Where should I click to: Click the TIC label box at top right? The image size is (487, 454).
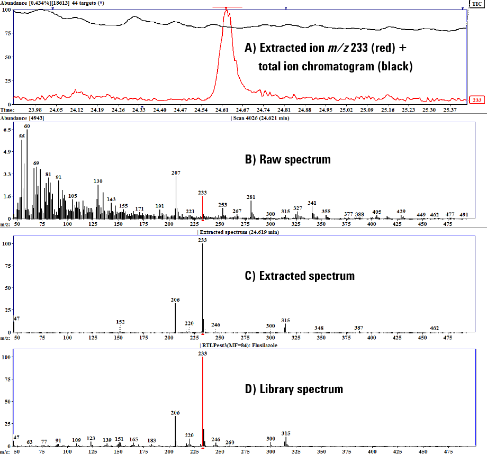point(477,3)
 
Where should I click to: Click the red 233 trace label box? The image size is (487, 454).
point(477,99)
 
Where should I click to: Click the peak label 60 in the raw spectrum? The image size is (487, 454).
point(27,126)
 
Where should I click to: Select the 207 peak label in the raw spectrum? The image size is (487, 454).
point(176,173)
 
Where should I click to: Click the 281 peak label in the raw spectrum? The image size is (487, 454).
point(251,197)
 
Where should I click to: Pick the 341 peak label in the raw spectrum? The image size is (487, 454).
point(312,203)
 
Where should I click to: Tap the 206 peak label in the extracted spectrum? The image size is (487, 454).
point(176,299)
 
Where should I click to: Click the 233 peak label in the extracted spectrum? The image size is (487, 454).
point(202,240)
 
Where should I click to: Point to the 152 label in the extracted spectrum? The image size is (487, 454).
point(120,322)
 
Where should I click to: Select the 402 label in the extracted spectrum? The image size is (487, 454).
point(435,328)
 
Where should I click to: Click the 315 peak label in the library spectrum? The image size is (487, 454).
point(286,433)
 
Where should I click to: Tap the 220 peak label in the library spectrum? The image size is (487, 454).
point(189,435)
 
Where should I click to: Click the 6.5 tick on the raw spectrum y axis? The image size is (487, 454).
point(7,129)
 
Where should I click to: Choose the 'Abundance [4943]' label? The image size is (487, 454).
point(24,117)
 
